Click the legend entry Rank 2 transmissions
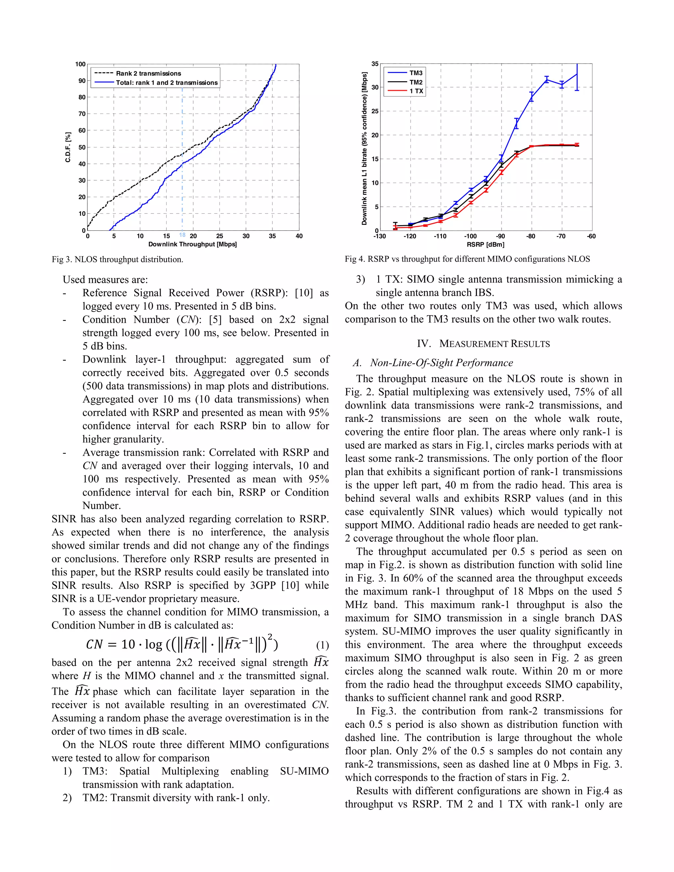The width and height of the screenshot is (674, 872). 148,73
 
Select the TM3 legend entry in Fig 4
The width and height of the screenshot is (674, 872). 416,73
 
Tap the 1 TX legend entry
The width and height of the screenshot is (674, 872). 416,91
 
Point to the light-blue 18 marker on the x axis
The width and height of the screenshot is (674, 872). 182,235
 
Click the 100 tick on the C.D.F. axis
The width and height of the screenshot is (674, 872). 80,64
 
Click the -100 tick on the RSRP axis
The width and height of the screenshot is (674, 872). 470,236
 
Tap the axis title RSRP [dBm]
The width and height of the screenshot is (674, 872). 485,245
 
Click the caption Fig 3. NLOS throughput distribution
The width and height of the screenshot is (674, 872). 117,260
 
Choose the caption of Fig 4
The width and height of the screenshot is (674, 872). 467,259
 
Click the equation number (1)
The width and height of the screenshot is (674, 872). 322,646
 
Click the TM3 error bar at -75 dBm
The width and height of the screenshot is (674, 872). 547,79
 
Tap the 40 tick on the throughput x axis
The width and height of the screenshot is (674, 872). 299,236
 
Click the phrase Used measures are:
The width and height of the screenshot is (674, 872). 105,280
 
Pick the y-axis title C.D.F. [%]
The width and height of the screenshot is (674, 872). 68,147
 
